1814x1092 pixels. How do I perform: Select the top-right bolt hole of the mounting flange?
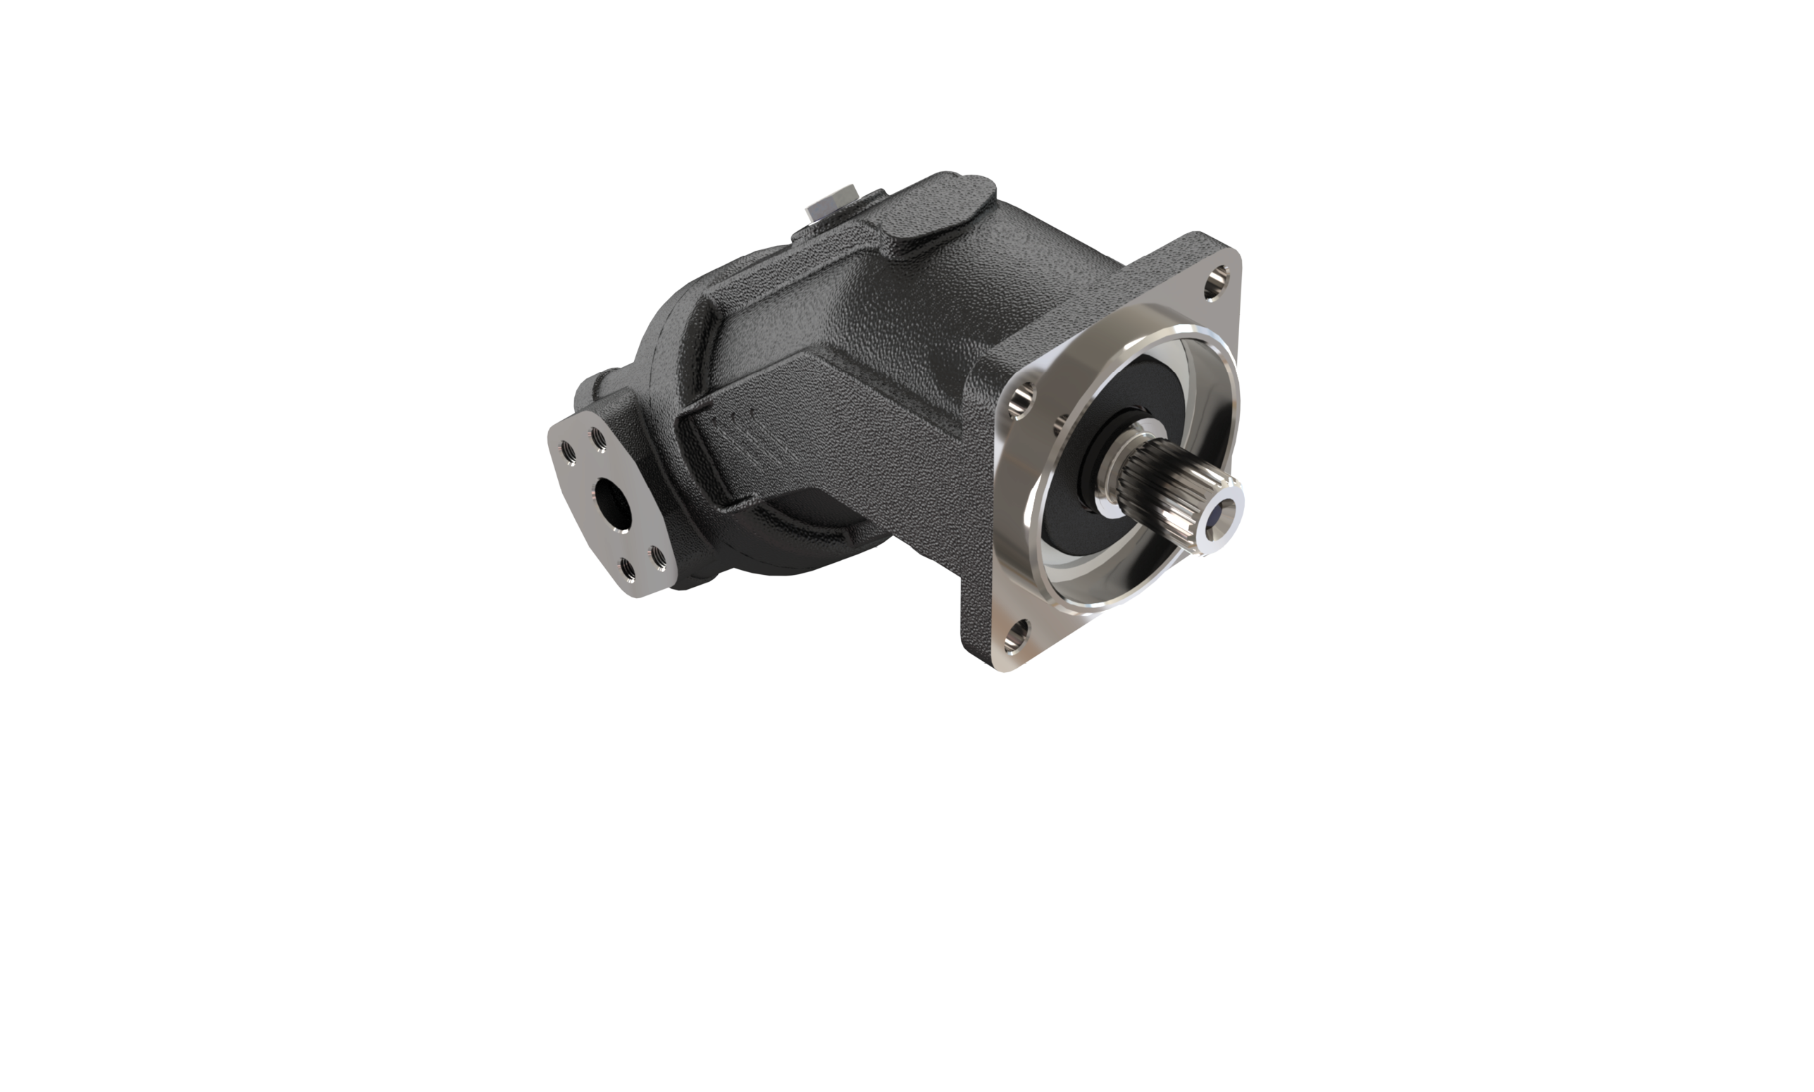(x=1218, y=282)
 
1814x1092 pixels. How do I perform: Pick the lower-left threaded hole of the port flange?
(x=627, y=568)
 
